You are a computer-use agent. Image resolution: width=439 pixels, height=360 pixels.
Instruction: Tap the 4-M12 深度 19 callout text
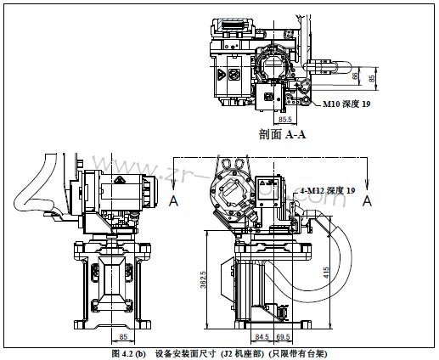tap(327, 192)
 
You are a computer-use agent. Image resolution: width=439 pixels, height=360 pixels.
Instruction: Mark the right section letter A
tap(367, 200)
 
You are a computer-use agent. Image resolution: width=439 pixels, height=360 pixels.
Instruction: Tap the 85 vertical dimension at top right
tap(372, 76)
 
